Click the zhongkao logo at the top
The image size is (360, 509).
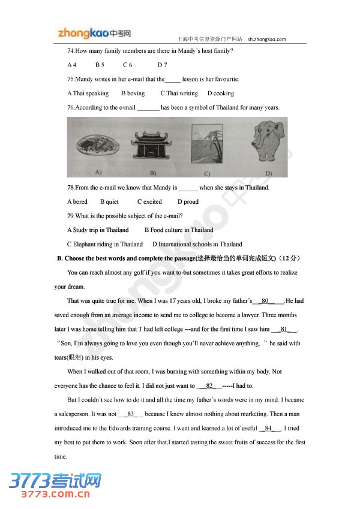pyautogui.click(x=94, y=34)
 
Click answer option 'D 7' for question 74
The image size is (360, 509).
pyautogui.click(x=162, y=65)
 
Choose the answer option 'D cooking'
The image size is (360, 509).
pyautogui.click(x=221, y=94)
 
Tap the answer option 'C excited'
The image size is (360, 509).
pyautogui.click(x=149, y=202)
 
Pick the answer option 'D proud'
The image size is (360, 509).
pyautogui.click(x=188, y=202)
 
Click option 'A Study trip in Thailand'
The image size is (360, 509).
pyautogui.click(x=98, y=230)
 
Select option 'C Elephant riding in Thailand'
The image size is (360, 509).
pyautogui.click(x=105, y=245)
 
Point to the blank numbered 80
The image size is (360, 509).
pyautogui.click(x=266, y=301)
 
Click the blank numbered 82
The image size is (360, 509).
pyautogui.click(x=210, y=386)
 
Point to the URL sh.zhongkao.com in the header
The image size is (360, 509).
pyautogui.click(x=266, y=40)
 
